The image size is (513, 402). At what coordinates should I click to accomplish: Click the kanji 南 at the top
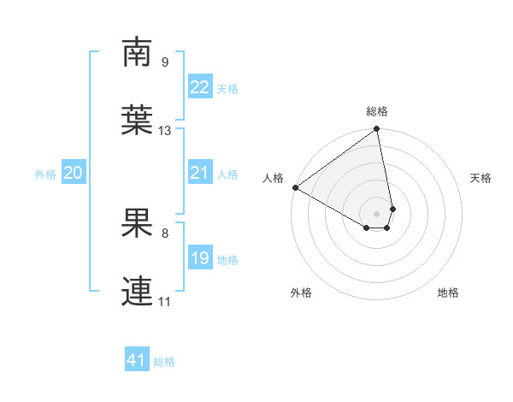pyautogui.click(x=138, y=53)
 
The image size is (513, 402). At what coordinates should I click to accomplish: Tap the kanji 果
pyautogui.click(x=138, y=224)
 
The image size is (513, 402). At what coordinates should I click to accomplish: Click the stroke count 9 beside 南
pyautogui.click(x=165, y=62)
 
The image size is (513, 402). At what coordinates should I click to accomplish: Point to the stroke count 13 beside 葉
pyautogui.click(x=165, y=131)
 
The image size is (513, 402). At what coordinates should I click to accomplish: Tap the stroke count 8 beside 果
pyautogui.click(x=165, y=233)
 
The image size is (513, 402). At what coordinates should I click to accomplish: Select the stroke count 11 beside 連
pyautogui.click(x=165, y=302)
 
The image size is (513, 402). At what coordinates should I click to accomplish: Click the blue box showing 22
pyautogui.click(x=199, y=87)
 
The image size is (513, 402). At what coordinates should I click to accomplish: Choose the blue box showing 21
pyautogui.click(x=199, y=173)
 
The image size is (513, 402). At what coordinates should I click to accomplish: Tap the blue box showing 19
pyautogui.click(x=199, y=258)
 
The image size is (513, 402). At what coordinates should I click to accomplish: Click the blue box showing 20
pyautogui.click(x=73, y=173)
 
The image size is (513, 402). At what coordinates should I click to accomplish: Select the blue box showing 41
pyautogui.click(x=137, y=360)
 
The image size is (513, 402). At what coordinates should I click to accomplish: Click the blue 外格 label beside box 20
pyautogui.click(x=45, y=174)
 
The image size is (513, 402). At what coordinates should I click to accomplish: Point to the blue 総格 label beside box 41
pyautogui.click(x=164, y=362)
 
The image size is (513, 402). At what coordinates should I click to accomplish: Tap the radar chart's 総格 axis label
pyautogui.click(x=377, y=111)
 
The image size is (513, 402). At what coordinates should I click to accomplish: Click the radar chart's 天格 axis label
pyautogui.click(x=481, y=178)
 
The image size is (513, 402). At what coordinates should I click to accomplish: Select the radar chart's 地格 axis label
pyautogui.click(x=448, y=293)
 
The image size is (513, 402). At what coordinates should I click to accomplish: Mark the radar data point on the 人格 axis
pyautogui.click(x=295, y=187)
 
